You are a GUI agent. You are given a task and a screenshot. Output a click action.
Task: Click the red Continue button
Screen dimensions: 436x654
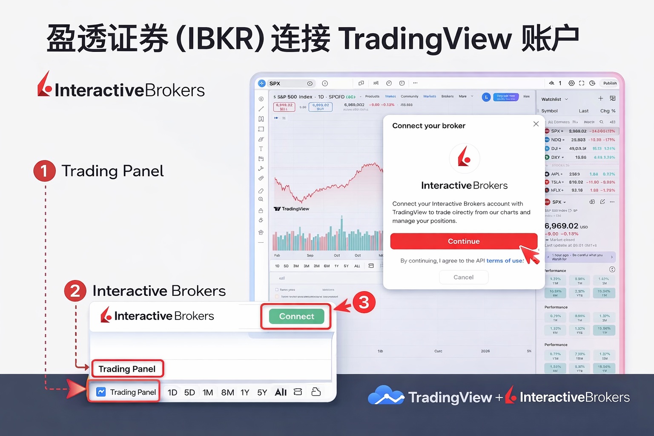click(463, 241)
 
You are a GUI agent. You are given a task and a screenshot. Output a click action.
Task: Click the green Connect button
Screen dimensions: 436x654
click(296, 316)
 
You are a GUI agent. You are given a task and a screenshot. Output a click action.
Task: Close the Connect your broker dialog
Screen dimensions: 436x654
click(536, 124)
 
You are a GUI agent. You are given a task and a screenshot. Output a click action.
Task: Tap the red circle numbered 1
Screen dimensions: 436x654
click(44, 171)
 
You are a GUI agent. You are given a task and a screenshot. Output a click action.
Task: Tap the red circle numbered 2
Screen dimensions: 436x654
click(75, 291)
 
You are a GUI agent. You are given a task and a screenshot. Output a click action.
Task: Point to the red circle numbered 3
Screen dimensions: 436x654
click(364, 302)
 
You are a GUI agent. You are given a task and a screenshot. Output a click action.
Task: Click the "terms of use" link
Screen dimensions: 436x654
click(505, 261)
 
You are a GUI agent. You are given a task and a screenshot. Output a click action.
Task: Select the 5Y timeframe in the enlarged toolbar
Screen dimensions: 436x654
click(262, 392)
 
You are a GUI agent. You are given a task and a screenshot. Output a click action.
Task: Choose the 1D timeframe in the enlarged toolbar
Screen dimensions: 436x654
click(172, 392)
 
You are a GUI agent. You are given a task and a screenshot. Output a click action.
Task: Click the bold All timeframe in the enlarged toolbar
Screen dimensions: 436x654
click(281, 392)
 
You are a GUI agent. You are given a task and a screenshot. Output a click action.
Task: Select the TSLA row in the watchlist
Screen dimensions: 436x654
click(556, 182)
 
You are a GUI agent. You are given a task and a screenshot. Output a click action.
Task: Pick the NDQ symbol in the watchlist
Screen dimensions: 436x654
click(556, 140)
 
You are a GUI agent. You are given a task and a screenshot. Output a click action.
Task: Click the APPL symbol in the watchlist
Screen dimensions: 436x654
click(556, 174)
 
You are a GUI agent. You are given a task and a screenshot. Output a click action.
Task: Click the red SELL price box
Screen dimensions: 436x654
click(284, 106)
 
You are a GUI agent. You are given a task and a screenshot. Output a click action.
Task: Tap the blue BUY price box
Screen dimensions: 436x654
click(320, 106)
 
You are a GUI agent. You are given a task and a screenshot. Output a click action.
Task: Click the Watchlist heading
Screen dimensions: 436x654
click(551, 99)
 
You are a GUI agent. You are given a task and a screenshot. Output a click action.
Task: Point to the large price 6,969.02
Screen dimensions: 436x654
click(561, 226)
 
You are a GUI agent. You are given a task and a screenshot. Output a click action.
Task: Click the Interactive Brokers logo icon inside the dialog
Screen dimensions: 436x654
click(464, 158)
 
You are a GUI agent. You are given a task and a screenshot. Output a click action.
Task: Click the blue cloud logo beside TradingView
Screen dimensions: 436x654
click(385, 396)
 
